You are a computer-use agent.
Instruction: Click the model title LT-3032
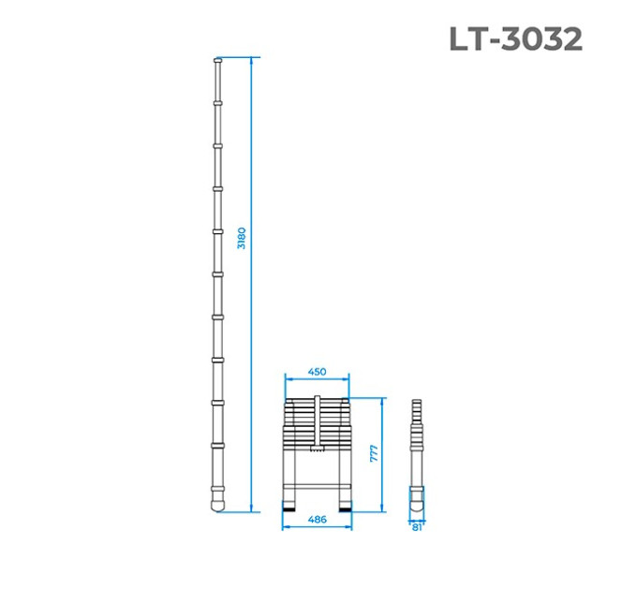coord(516,39)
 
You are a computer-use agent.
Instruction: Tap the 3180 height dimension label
coord(242,239)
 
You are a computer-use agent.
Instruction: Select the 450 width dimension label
coord(317,372)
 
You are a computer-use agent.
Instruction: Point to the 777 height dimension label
coord(374,453)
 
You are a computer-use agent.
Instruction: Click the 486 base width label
coord(318,520)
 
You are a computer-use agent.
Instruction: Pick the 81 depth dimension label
coord(417,527)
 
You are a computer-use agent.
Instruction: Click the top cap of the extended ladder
coord(218,61)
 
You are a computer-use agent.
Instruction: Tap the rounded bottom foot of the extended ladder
coord(217,504)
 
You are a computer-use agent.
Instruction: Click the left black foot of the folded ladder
coord(289,507)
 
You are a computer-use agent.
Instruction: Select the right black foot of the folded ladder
coord(346,507)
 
